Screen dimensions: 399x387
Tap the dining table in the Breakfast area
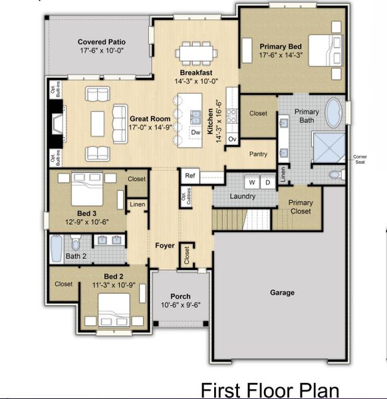[x=196, y=53]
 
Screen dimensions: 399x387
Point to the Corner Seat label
[x=359, y=160]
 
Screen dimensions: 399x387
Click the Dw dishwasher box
[x=195, y=132]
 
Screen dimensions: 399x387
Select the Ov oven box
[x=232, y=139]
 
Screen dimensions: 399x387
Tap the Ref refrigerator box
[x=190, y=176]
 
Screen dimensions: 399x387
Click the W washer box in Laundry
[x=253, y=182]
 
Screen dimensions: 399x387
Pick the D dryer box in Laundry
[x=267, y=182]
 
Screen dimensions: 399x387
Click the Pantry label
[x=258, y=154]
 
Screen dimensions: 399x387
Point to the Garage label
[x=282, y=292]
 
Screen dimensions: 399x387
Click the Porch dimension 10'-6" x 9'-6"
[x=180, y=305]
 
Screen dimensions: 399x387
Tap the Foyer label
[x=165, y=245]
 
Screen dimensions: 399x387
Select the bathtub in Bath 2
[x=57, y=248]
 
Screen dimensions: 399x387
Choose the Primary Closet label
[x=300, y=207]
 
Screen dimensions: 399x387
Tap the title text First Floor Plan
[x=270, y=390]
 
